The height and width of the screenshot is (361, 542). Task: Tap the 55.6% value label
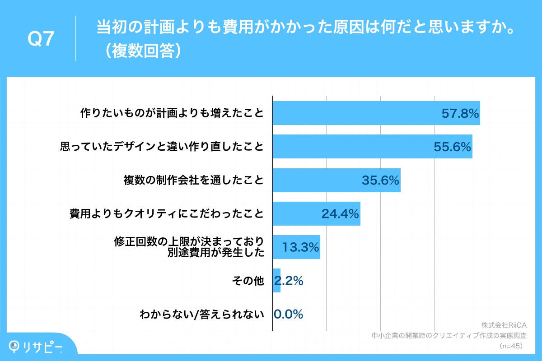tap(452, 147)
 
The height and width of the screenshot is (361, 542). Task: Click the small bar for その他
tap(276, 281)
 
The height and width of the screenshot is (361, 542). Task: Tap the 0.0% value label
tap(289, 315)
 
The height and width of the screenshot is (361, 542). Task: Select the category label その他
tap(248, 281)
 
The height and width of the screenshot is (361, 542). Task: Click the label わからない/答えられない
tap(202, 315)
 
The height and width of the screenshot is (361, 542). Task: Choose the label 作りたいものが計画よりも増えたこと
tap(172, 113)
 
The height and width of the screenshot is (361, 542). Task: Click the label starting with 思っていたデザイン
tap(162, 147)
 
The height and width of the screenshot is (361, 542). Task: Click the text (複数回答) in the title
tap(141, 51)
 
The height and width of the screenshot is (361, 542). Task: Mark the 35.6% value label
tap(380, 180)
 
